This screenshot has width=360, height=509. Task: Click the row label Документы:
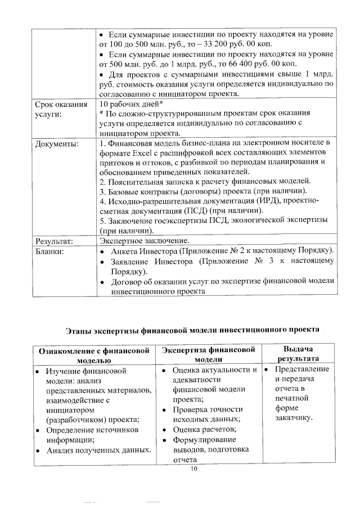(57, 144)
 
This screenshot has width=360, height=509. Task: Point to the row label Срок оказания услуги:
(61, 110)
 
